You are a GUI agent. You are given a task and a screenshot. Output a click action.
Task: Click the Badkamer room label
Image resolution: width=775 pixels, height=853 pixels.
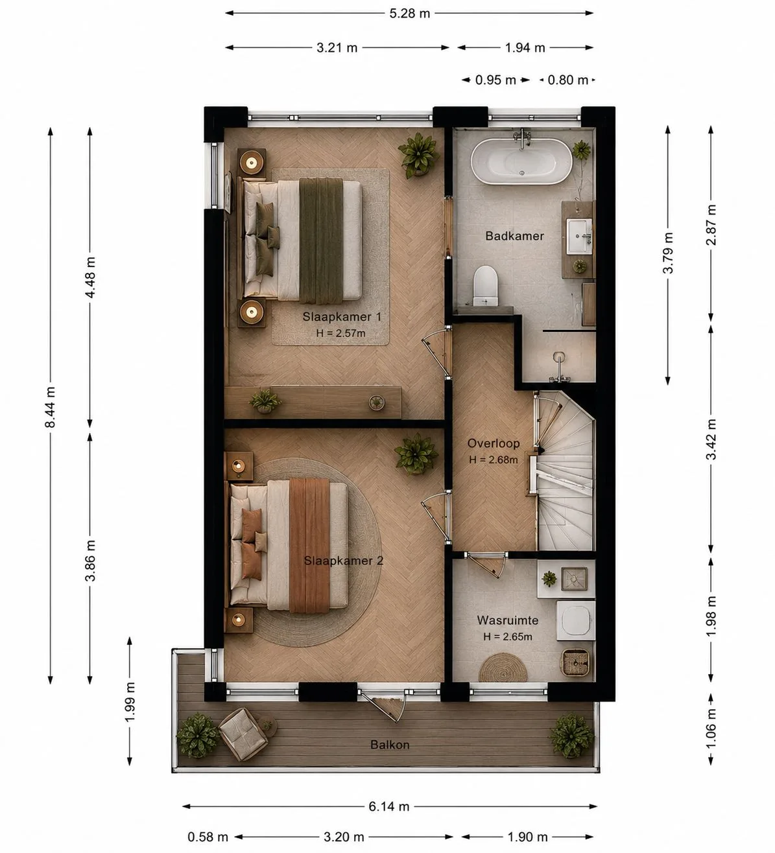[x=514, y=235]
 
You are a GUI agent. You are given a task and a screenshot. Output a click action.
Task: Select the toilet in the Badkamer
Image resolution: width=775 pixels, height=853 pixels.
[x=485, y=286]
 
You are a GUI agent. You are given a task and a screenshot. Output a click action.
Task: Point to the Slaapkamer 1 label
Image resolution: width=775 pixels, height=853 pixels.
[x=342, y=316]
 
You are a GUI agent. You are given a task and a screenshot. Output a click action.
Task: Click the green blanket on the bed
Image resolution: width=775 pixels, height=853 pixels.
[x=320, y=240]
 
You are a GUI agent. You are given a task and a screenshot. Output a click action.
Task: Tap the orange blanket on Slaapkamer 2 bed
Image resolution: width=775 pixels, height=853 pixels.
[x=309, y=546]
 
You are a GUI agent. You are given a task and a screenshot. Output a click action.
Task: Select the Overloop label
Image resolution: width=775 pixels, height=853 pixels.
[x=494, y=443]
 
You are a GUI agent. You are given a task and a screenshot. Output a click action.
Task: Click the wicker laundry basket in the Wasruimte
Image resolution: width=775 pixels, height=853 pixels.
[x=576, y=662]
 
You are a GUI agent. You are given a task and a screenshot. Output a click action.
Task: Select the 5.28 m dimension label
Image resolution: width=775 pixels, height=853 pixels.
[x=409, y=14]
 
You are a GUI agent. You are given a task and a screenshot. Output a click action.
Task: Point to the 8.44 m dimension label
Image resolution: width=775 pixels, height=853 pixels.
[x=50, y=407]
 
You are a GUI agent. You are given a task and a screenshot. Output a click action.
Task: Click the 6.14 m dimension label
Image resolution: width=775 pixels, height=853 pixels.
[x=388, y=806]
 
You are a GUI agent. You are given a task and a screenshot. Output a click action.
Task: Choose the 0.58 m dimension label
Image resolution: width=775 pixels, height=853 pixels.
[x=208, y=837]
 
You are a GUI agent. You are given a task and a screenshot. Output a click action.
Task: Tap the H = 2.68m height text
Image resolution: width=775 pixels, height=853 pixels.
[x=494, y=460]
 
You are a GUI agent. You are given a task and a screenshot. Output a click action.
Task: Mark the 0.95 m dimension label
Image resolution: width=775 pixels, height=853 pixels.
[x=495, y=80]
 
